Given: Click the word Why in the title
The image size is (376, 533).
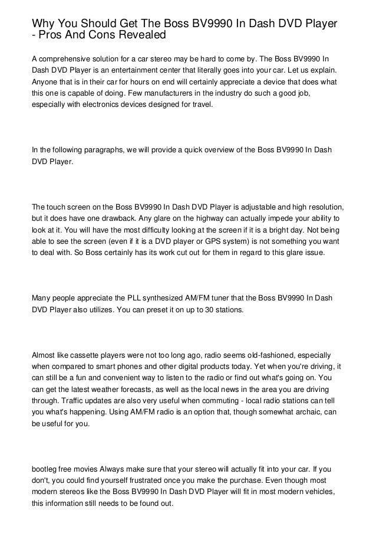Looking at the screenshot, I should pyautogui.click(x=43, y=24).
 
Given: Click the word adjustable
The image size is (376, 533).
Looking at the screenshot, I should pyautogui.click(x=233, y=208).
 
